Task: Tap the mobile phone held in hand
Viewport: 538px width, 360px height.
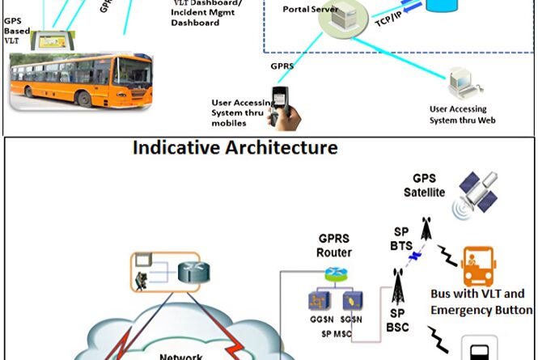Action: [x=284, y=106]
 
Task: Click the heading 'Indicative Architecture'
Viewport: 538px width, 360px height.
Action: [x=235, y=148]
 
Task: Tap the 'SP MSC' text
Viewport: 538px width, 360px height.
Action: [x=336, y=333]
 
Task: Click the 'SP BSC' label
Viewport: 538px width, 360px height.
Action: [x=396, y=321]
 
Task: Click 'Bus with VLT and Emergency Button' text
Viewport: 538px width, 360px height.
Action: [x=482, y=302]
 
